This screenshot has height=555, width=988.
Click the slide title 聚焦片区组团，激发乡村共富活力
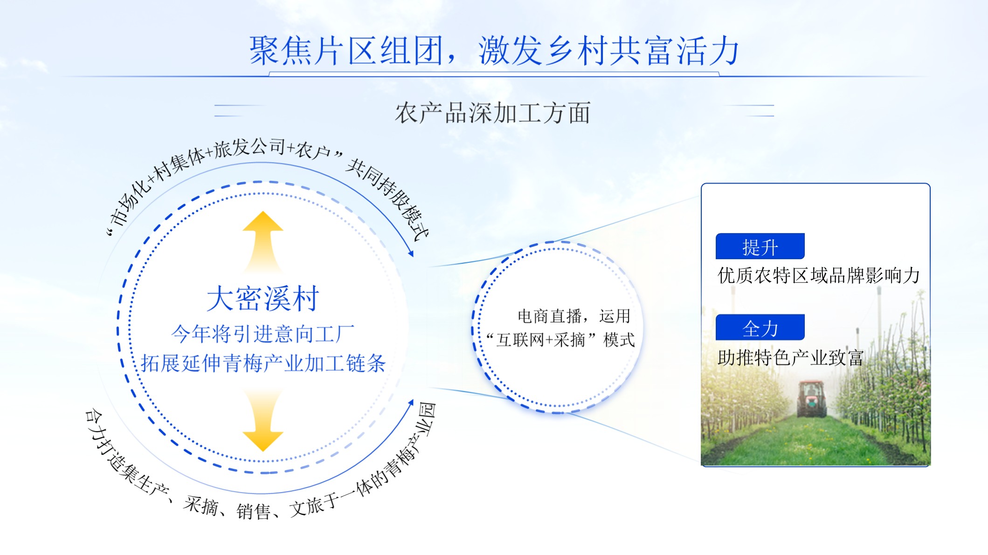494,50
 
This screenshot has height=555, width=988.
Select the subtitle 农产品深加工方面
493,113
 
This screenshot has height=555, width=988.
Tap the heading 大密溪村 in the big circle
263,298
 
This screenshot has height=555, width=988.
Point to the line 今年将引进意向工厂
263,334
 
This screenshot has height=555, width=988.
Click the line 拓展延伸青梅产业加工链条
263,363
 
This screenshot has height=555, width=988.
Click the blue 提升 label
760,246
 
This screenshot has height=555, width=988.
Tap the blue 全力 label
760,327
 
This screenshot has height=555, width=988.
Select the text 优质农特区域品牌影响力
819,275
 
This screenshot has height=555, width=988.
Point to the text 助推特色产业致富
791,357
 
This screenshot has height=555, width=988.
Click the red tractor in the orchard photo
812,398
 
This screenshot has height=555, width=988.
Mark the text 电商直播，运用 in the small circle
574,316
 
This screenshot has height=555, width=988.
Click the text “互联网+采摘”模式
560,340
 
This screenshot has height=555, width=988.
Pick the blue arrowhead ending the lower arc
411,403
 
